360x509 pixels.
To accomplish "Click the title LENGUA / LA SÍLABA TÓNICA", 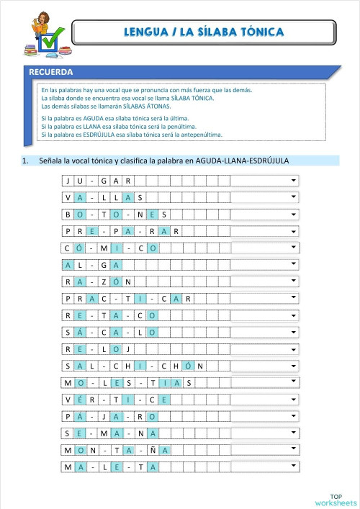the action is coord(204,32).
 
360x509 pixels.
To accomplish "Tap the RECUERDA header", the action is coord(51,72).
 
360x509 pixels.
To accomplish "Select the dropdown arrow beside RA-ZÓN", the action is coord(294,281).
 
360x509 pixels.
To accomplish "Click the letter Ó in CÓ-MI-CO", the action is coord(79,248).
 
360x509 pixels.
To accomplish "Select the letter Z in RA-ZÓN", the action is coord(104,281).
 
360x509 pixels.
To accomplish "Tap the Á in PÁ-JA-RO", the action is coord(79,416).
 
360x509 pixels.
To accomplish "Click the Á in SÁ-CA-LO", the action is coord(79,332).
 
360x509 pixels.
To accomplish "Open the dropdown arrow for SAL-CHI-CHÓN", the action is coord(294,365).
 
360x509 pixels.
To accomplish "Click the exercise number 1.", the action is coord(25,161).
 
